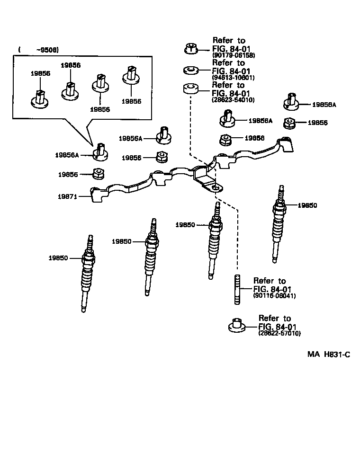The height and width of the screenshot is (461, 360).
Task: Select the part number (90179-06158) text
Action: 234,55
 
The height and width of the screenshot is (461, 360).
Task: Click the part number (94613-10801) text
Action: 234,78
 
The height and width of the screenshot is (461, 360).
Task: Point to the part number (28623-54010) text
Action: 234,100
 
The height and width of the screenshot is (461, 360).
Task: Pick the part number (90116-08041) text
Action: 274,296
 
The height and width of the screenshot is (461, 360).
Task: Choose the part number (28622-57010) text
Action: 279,333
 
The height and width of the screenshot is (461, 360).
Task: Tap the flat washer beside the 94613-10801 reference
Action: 190,71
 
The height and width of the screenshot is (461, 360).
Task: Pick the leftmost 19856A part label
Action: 67,155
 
